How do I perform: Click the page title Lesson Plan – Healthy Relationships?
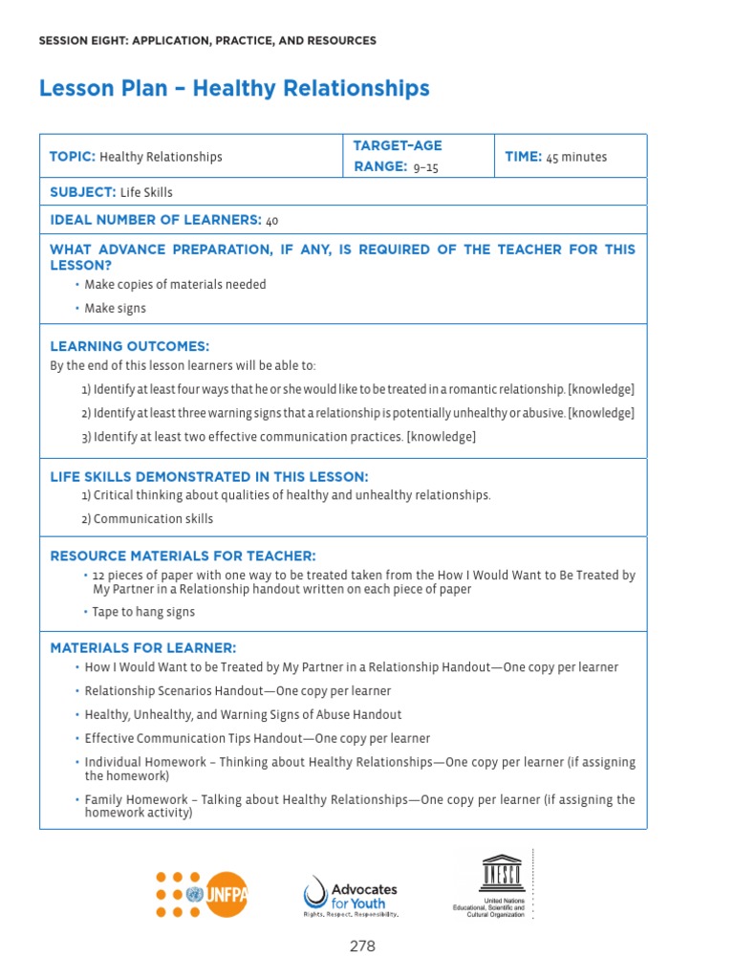[234, 89]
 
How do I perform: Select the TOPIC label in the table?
[73, 157]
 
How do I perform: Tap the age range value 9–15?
[426, 167]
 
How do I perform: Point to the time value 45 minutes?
[576, 157]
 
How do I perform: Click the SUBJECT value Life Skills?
[146, 192]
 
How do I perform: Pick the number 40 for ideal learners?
[272, 221]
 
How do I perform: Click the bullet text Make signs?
[115, 309]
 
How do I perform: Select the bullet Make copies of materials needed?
[175, 285]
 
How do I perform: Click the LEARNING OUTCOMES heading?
[129, 346]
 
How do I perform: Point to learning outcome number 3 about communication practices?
[278, 437]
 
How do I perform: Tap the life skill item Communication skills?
[147, 519]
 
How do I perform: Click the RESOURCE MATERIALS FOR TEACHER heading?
[183, 556]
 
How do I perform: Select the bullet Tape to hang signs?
[143, 612]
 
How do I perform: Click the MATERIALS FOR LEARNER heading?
[142, 648]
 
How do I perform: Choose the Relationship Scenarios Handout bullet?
[237, 691]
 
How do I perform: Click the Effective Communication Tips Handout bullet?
[257, 739]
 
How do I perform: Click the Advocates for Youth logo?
[350, 896]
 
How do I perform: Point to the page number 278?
[362, 946]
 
